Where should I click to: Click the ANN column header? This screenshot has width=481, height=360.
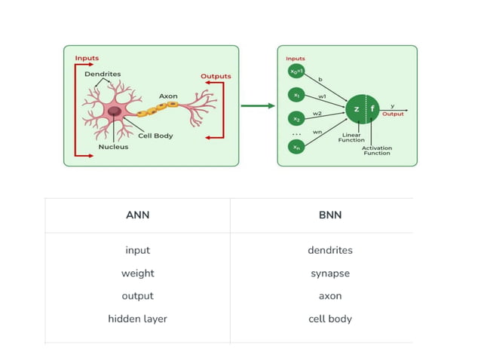(137, 215)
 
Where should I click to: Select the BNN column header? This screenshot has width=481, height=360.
(329, 215)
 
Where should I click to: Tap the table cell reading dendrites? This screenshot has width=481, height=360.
(329, 250)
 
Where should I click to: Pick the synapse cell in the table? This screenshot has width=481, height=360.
(329, 273)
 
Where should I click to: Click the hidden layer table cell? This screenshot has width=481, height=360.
(137, 319)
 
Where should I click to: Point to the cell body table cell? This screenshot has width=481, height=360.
(329, 319)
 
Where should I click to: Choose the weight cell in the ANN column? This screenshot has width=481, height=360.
(137, 273)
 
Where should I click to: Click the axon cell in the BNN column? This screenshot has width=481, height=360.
(329, 296)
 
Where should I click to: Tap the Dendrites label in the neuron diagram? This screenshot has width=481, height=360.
(103, 74)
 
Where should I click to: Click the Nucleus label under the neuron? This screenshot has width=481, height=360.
(113, 147)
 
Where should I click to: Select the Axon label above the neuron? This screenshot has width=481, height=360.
(168, 96)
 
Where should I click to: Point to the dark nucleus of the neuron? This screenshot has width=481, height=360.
(115, 111)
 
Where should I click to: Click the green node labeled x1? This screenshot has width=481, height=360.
(296, 96)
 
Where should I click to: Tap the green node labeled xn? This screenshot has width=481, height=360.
(296, 146)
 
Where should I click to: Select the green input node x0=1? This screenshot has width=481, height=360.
(296, 72)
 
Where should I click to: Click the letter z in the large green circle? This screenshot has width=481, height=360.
(356, 109)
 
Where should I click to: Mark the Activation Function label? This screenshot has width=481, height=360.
(376, 151)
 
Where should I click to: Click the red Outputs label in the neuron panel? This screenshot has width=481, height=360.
(216, 76)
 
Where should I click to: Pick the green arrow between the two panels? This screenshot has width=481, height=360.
(258, 105)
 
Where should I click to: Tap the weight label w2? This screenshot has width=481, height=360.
(317, 113)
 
